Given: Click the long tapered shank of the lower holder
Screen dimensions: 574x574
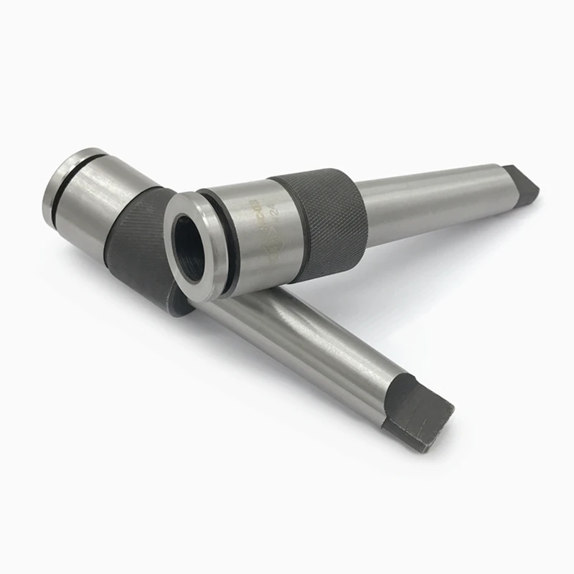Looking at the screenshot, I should click(301, 337).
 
